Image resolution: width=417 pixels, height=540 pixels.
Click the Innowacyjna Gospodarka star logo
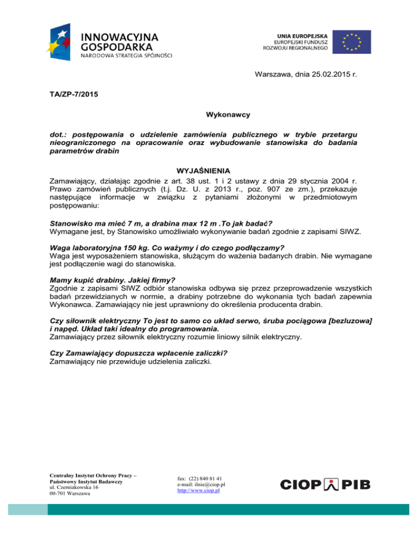pyautogui.click(x=62, y=41)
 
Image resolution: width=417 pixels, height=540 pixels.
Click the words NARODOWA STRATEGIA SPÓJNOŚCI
pyautogui.click(x=127, y=56)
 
